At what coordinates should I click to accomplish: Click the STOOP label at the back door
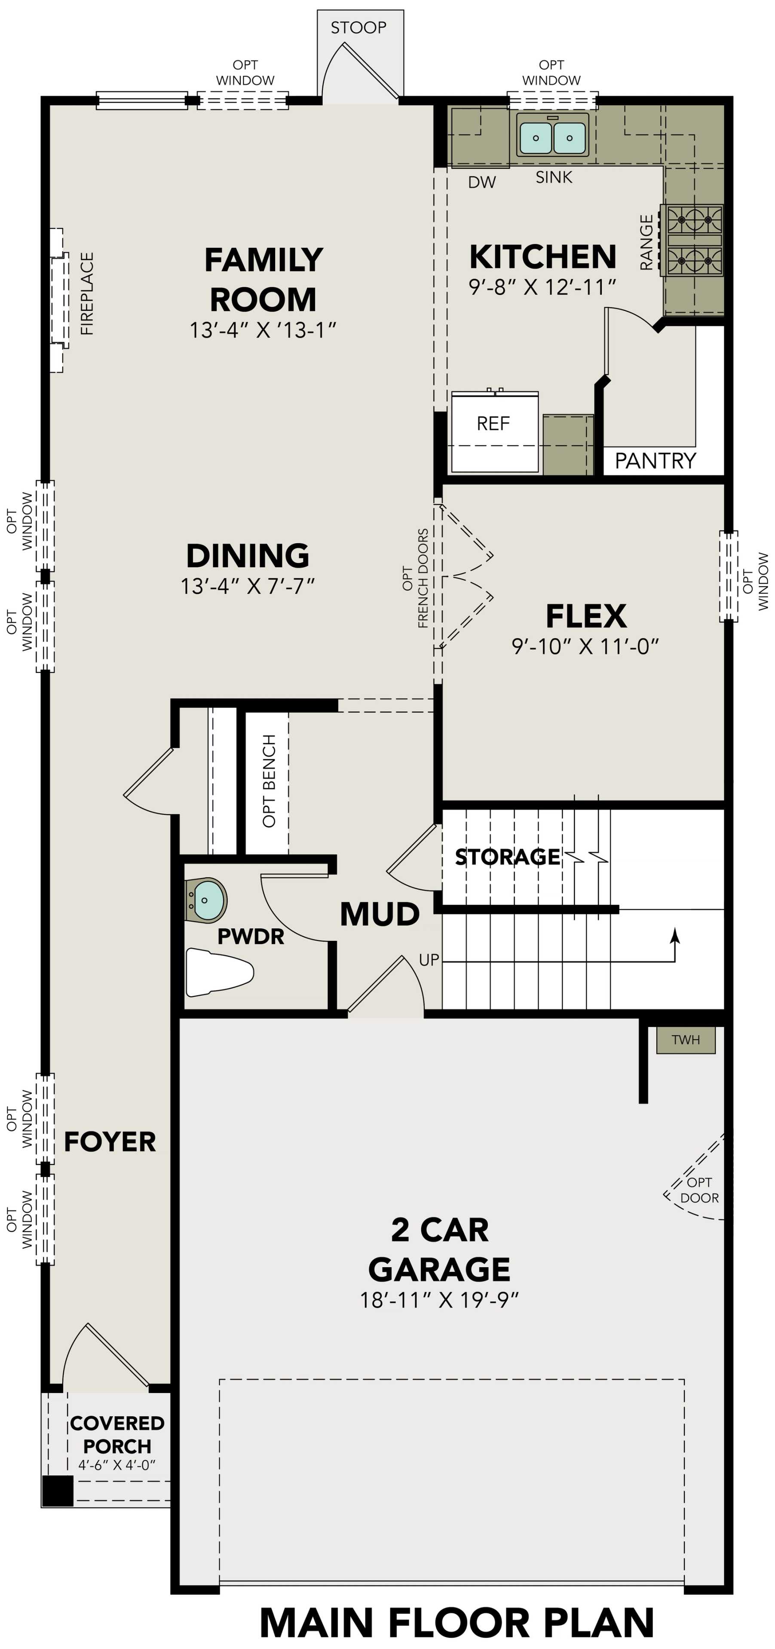[358, 27]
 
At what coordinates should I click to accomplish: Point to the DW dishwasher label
[482, 183]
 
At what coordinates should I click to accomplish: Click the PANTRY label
[655, 460]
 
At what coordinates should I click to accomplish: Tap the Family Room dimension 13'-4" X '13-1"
[263, 330]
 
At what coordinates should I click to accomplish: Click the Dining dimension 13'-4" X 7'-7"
[248, 586]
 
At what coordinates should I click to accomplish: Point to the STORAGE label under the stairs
[507, 857]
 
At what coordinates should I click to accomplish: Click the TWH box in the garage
[685, 1040]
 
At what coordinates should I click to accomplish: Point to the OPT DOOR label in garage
[699, 1190]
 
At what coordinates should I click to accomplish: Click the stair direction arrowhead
[674, 935]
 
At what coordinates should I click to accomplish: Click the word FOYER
[110, 1141]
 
